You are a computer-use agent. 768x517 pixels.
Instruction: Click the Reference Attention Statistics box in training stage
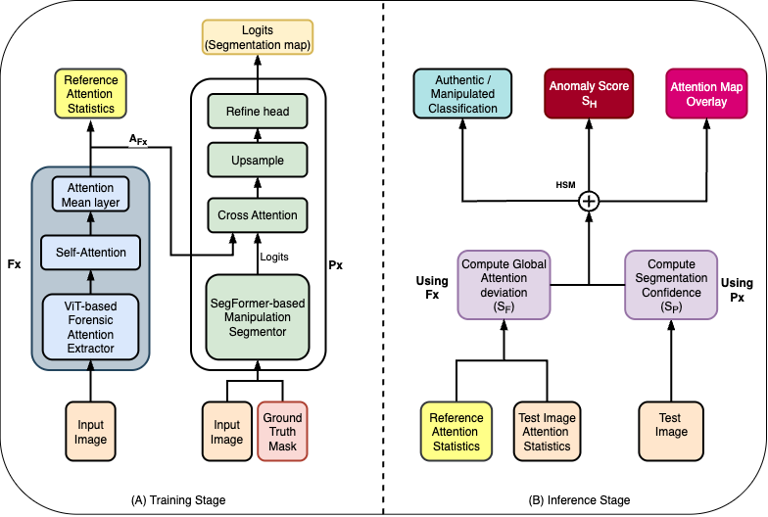[90, 94]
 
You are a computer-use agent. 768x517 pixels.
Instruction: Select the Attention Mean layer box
[90, 196]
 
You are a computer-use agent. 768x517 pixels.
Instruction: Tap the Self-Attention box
[90, 252]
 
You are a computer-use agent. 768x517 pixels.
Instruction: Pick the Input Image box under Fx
[90, 432]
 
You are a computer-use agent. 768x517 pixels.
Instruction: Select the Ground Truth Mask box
[284, 432]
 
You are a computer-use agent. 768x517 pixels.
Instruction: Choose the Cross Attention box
[256, 215]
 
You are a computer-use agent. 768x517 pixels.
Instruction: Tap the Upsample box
[256, 158]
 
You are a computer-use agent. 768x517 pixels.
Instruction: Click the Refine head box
[256, 112]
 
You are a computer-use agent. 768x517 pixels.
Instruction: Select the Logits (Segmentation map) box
[256, 36]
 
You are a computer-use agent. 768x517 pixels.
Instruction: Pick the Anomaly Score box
[589, 94]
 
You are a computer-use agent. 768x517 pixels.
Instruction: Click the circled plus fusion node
[589, 202]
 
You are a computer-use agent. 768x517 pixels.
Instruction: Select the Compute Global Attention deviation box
[503, 284]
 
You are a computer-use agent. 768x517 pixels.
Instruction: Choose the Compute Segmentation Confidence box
[673, 284]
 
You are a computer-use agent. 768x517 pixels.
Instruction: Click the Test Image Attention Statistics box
[547, 432]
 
